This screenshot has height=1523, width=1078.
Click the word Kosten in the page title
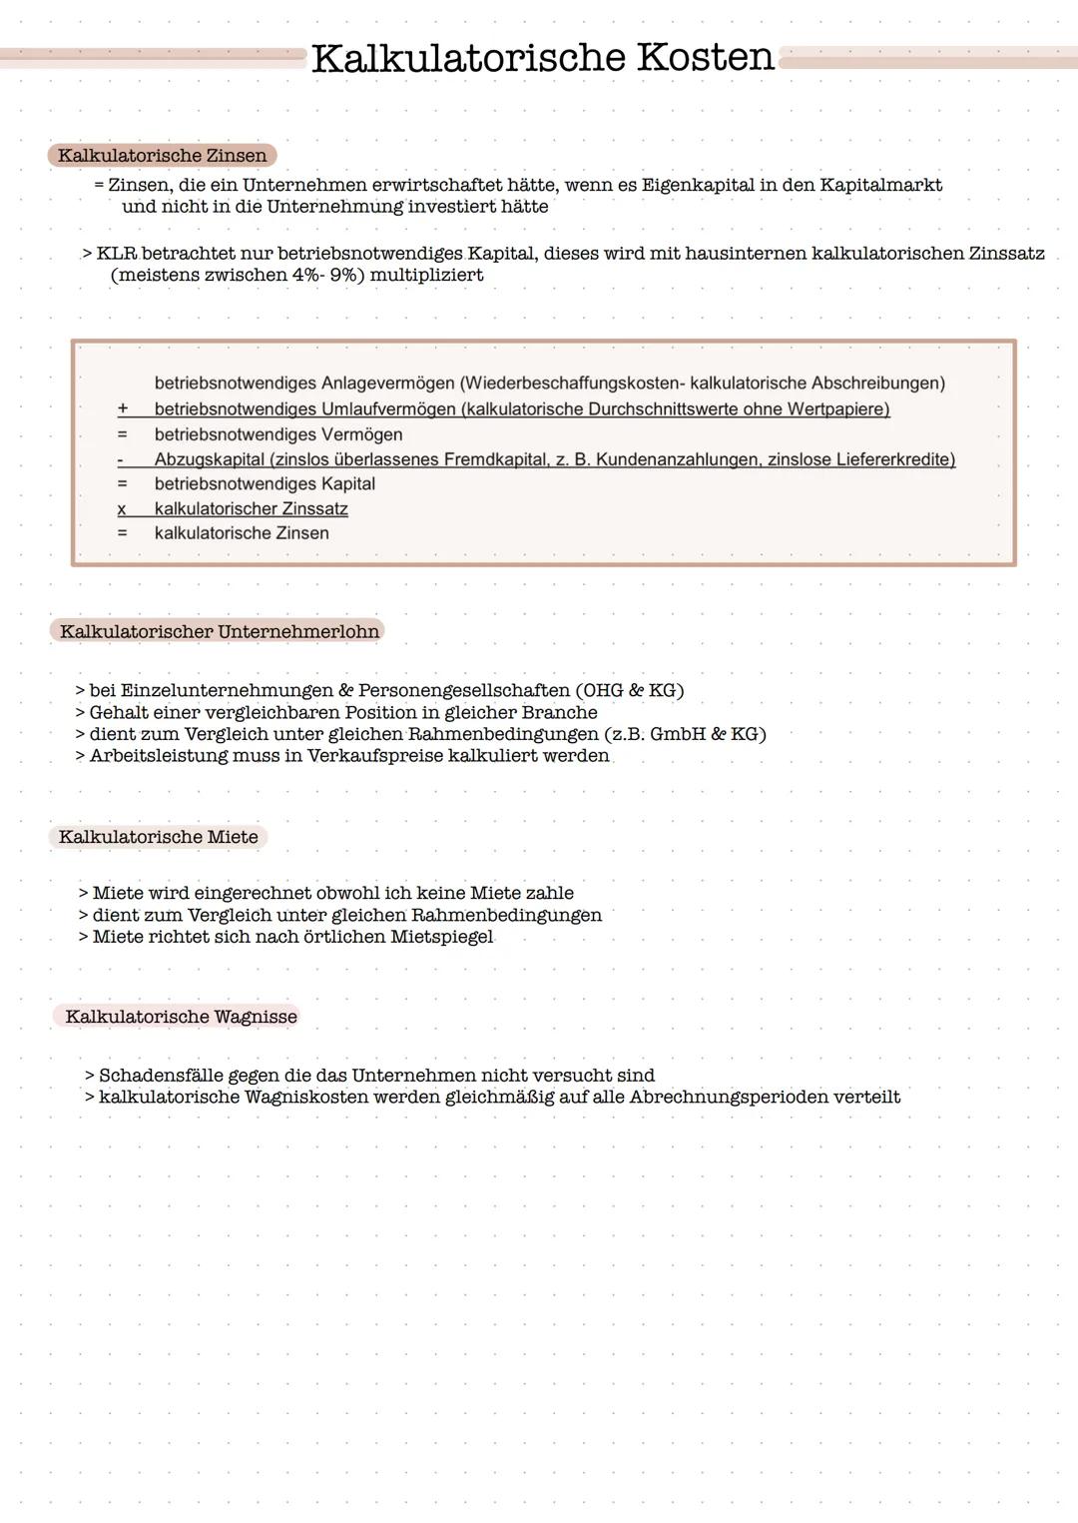pos(705,57)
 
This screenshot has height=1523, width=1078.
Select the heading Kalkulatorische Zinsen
pos(162,156)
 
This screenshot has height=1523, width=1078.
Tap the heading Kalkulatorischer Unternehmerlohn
pos(219,631)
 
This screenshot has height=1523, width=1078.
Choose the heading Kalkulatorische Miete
pos(158,837)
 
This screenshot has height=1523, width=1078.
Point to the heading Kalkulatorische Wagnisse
pos(181,1017)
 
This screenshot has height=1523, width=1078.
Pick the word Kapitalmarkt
pos(880,185)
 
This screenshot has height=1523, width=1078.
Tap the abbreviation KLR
pos(116,254)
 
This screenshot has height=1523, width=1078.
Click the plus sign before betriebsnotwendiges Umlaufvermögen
pos(123,408)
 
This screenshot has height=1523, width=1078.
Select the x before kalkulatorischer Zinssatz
pos(122,509)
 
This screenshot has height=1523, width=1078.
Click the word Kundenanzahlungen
pos(668,459)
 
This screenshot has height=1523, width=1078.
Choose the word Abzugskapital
pos(209,459)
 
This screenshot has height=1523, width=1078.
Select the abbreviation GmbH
pos(677,734)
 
